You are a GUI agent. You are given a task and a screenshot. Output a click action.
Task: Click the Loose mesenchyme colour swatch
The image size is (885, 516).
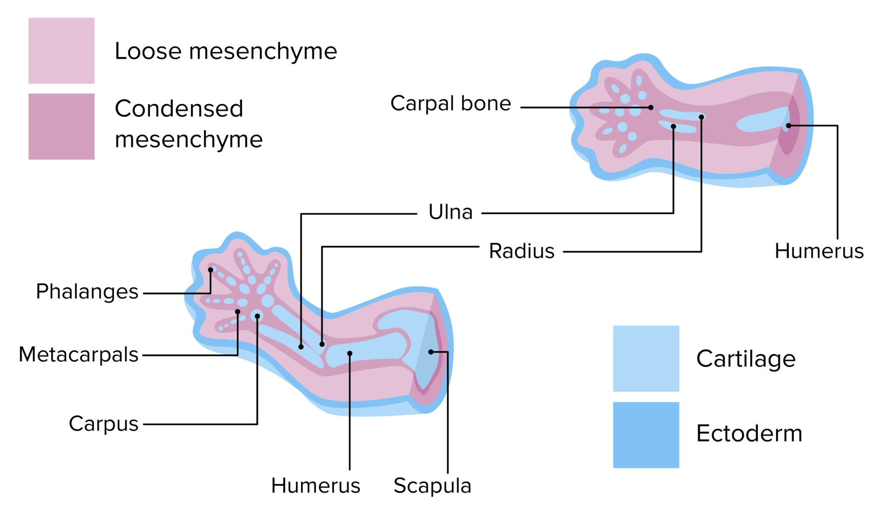61,51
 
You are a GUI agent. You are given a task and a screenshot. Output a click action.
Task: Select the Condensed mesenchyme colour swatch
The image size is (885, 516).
61,126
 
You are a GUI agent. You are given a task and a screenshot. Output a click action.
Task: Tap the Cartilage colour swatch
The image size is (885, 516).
646,358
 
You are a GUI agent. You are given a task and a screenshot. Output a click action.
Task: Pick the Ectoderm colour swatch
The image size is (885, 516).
646,434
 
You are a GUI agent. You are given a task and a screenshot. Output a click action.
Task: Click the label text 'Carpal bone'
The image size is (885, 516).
450,104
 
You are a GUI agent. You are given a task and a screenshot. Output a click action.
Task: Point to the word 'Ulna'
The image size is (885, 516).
450,212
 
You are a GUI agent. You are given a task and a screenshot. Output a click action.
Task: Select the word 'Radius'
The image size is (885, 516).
522,251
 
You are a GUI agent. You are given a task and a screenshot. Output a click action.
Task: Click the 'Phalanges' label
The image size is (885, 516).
87,292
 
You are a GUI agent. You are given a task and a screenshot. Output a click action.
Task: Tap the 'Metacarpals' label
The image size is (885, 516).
78,355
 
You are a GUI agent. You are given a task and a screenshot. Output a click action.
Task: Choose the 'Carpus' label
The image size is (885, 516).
103,424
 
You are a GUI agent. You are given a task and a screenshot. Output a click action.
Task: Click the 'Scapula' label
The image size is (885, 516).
432,486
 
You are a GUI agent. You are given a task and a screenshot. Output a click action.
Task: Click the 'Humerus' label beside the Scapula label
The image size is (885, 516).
315,486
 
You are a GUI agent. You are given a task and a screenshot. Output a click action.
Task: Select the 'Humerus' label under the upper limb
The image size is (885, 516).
819,251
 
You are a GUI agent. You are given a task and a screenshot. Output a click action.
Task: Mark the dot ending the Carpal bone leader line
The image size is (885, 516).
651,108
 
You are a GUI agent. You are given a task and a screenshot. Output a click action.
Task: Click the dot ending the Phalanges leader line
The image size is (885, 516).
210,270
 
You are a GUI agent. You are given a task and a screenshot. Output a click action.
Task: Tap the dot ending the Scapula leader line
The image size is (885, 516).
431,352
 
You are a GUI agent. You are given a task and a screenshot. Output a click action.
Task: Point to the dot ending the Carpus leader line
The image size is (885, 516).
257,316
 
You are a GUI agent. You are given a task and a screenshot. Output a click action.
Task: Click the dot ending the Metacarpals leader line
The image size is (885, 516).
238,312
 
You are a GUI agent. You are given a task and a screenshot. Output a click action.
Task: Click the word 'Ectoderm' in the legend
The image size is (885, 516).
749,433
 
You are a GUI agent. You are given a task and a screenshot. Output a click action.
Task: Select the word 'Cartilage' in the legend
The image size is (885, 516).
746,359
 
